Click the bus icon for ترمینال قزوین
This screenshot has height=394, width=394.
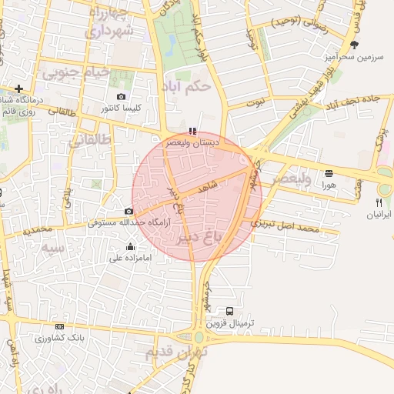(x=230, y=312)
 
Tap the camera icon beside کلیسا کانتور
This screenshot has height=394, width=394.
(x=121, y=96)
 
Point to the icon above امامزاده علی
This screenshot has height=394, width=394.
(x=130, y=247)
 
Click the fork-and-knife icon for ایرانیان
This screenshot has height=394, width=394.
(x=379, y=202)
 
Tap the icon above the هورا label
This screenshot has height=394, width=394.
(x=329, y=173)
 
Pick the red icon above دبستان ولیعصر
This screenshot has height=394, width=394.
(x=192, y=131)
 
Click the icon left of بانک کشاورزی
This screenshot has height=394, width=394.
(x=38, y=338)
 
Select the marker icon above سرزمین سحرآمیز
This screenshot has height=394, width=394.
(x=354, y=45)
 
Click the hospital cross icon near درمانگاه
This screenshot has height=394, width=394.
(x=18, y=88)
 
